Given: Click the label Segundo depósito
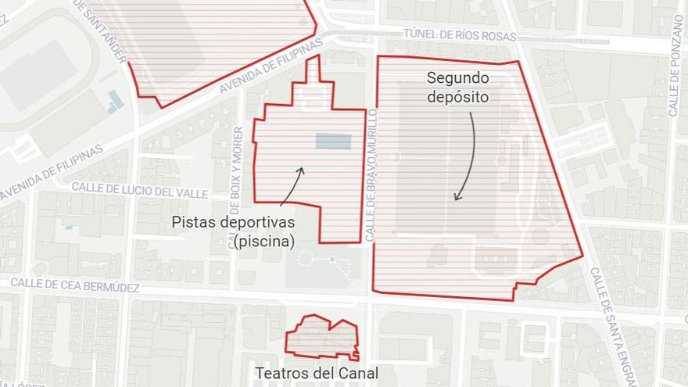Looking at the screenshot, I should point(457,88).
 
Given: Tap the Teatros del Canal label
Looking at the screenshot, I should point(317,374).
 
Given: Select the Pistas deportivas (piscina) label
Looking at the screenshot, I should point(234,232).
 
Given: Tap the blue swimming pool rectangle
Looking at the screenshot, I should point(333,141).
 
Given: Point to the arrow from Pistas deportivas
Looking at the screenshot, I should point(291,186).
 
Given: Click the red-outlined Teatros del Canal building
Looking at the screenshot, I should point(322,339).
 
